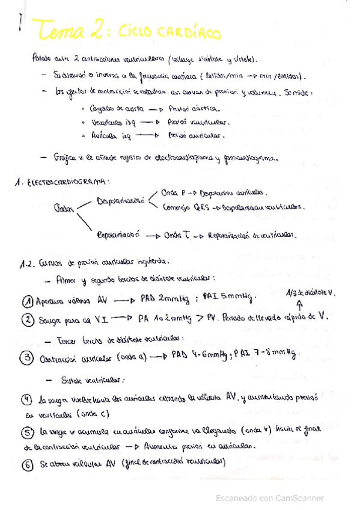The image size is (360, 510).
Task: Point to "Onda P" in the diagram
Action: [173, 193]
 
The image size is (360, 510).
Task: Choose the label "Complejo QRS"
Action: [184, 207]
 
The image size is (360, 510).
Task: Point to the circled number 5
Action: [26, 432]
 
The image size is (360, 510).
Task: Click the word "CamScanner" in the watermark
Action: [299, 498]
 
